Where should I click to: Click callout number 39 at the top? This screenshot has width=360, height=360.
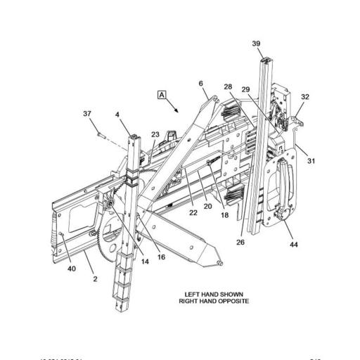tap(257, 44)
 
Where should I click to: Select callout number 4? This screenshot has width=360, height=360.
tap(118, 113)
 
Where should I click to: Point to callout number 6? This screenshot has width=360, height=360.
tap(201, 83)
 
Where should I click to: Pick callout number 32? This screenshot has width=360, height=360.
tap(306, 97)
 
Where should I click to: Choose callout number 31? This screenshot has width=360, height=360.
tap(311, 161)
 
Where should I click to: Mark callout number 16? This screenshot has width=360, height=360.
tap(161, 257)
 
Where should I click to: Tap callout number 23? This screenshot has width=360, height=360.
tap(155, 134)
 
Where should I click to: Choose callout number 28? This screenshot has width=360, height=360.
tap(229, 86)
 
